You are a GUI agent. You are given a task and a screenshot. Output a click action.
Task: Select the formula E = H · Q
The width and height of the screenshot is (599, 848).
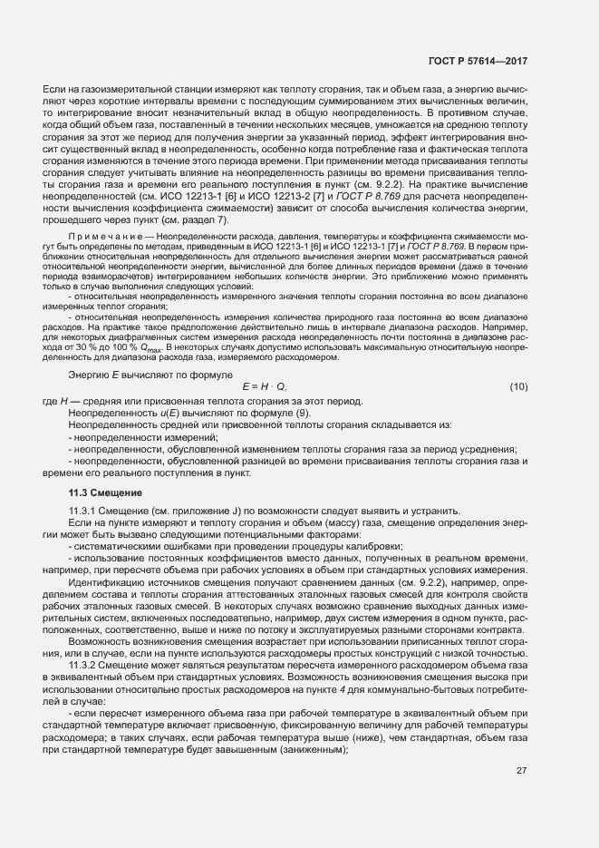point(264,387)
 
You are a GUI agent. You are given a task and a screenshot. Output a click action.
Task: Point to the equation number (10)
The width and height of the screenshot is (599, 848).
point(518,387)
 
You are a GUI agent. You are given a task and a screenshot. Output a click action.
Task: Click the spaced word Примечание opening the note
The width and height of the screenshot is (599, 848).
point(102,236)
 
